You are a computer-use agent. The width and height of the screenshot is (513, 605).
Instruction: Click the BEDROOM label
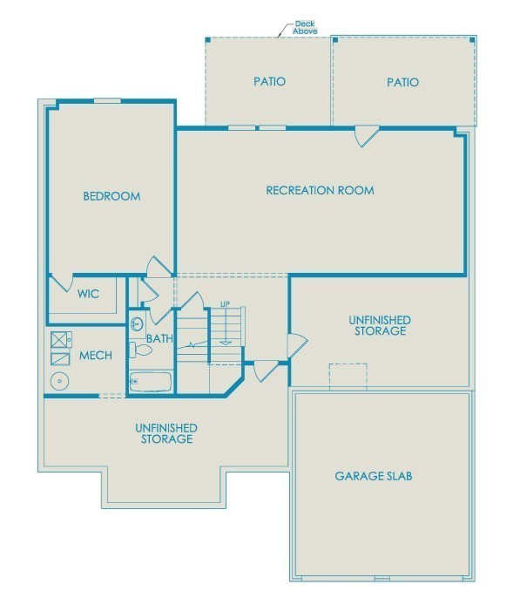click(x=111, y=196)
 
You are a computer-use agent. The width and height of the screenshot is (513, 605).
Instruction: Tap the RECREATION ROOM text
click(x=320, y=190)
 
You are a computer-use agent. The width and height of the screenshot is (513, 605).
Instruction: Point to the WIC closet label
click(x=88, y=294)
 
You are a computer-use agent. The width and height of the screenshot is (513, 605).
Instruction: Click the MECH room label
click(x=96, y=356)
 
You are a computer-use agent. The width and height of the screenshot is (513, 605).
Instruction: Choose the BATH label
click(x=159, y=338)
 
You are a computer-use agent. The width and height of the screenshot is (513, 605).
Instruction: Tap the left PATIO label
click(x=269, y=82)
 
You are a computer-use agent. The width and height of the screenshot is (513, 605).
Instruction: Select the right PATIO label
click(x=402, y=83)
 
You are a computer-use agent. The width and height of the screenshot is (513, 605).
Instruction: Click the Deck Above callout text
click(x=304, y=27)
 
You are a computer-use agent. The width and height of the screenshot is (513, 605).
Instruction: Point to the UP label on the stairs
click(x=225, y=304)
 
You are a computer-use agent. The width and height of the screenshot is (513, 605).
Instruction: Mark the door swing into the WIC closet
click(x=60, y=282)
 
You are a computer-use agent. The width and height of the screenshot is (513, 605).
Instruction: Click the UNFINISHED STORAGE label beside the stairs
click(x=381, y=326)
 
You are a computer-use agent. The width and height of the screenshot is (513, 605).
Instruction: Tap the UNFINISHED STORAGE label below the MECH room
click(x=165, y=433)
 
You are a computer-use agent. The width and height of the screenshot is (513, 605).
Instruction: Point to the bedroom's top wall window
click(x=107, y=101)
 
